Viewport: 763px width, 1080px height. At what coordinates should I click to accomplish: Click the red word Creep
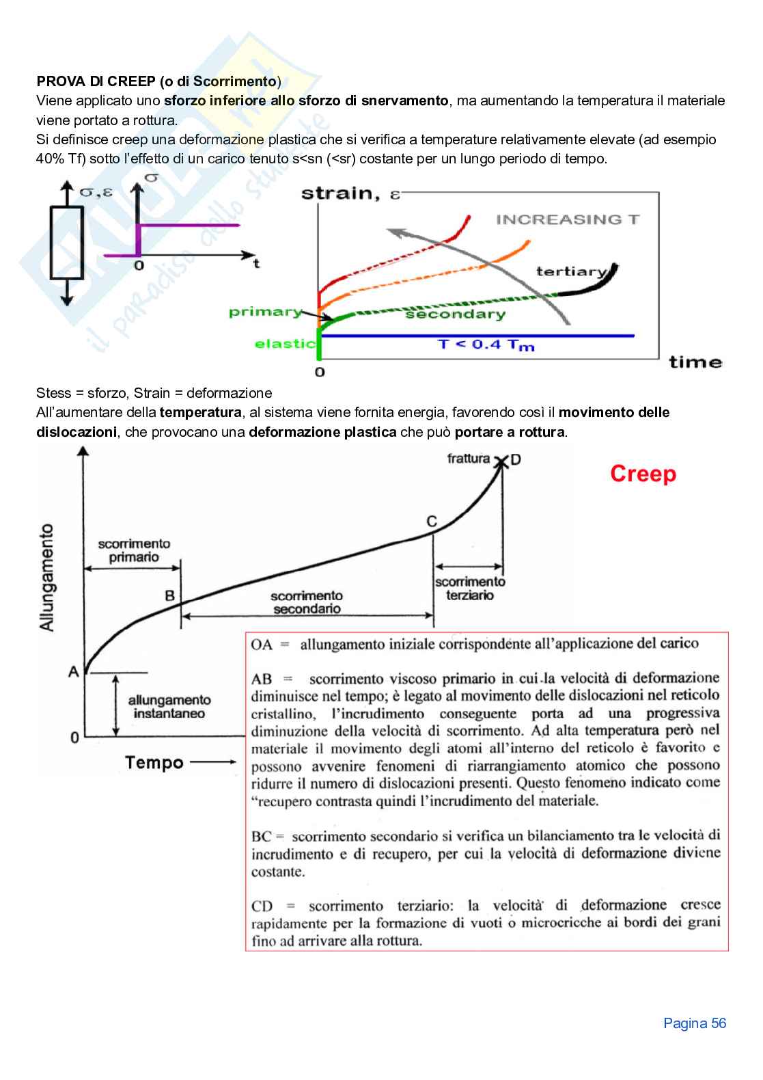coord(643,474)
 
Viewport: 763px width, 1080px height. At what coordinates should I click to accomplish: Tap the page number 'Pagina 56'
coord(695,1023)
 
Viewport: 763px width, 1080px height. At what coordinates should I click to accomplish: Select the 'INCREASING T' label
coord(568,219)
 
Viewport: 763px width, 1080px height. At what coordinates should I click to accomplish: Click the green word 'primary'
coord(265,312)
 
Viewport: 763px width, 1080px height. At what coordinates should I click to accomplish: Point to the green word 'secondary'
coord(455,314)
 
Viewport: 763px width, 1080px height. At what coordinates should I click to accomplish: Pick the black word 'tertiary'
coord(571,271)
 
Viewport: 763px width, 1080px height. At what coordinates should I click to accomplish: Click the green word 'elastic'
coord(285,343)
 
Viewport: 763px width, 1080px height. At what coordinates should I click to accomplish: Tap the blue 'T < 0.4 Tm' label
coord(486,345)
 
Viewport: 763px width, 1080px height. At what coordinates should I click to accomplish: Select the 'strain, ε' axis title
coord(350,193)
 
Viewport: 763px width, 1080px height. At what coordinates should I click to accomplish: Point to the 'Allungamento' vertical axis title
coord(47,578)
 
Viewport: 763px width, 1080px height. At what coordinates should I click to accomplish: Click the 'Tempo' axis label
coord(154,762)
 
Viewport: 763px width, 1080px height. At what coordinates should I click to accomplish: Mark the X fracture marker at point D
coord(502,461)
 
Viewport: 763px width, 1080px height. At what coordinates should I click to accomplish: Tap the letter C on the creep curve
coord(432,522)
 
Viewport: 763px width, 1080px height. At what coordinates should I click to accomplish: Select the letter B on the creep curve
coord(170,595)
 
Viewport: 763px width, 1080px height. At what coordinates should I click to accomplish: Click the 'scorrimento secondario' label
coord(307,602)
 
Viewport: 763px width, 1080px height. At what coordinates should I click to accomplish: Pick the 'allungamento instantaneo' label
coord(169,707)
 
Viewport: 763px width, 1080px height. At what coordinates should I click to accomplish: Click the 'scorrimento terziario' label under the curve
coord(470,588)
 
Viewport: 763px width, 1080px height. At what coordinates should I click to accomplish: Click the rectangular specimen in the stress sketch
coord(67,243)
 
